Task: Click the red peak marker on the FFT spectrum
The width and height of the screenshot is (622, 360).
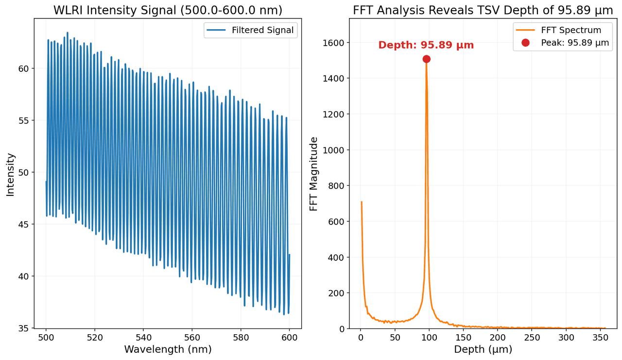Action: coord(426,59)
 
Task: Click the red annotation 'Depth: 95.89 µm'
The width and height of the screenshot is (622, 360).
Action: coord(426,45)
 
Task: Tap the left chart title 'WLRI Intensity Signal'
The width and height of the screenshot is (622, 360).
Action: coord(168,10)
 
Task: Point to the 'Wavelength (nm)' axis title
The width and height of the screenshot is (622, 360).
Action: coord(168,349)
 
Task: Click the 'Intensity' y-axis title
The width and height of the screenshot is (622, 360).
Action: coord(11,174)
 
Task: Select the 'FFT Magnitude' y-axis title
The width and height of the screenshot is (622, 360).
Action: coord(314,174)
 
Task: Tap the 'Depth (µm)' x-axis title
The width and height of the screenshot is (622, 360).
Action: coord(483,349)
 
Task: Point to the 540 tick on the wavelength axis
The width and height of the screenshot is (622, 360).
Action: coord(143,337)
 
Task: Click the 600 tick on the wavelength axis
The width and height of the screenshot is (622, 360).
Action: coord(289,337)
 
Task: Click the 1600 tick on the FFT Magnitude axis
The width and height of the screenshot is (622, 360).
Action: coord(334,43)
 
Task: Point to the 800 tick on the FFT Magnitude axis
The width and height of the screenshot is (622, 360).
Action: coord(336,186)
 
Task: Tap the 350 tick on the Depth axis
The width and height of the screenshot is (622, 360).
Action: coord(601,337)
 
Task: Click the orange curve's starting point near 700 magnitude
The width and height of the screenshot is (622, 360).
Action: coord(362,202)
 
